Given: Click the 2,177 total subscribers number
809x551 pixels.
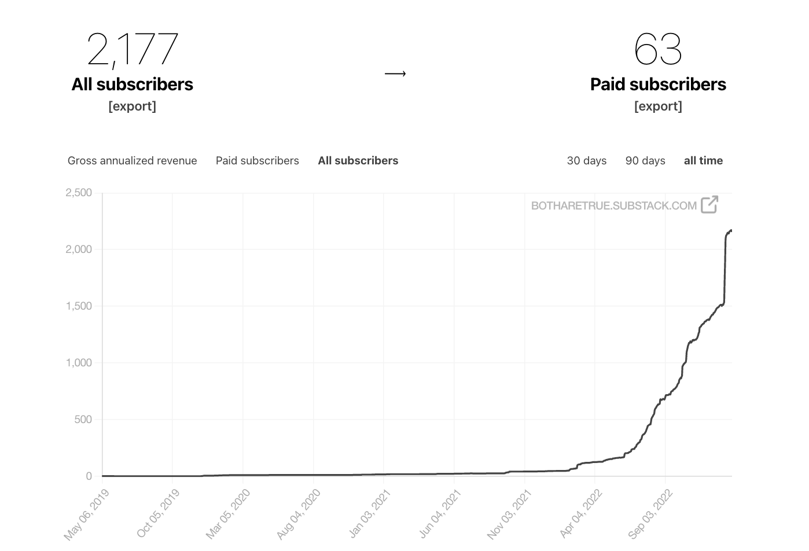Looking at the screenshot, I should pos(133,49).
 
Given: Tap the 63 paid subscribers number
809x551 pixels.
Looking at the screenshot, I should pos(658,49).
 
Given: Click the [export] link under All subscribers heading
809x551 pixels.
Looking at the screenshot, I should pos(132,106).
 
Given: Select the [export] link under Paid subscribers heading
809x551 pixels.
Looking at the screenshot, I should pos(658,106).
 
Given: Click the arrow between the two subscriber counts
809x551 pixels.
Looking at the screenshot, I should pos(395,74).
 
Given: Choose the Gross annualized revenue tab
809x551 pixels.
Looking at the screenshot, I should pos(132,161).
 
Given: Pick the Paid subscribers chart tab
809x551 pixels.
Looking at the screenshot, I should pos(257,161).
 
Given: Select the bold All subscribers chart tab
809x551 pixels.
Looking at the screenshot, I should pos(358,161).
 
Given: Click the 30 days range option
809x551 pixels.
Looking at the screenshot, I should pos(586,161).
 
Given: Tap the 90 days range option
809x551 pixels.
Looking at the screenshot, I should pos(645,161).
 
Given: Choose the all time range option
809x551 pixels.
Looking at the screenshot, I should pos(703,161).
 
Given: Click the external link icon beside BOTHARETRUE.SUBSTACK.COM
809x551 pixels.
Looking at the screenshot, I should pos(709,204).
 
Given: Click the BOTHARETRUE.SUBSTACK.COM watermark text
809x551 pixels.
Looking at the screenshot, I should pos(613,205).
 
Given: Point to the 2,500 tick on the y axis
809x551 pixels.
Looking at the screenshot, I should pos(79,193).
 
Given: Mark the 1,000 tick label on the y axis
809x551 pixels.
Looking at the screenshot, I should pos(79,363).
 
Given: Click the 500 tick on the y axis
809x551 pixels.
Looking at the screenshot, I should pos(83,420).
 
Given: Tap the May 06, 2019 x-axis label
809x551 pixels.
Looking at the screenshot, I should pos(87,514).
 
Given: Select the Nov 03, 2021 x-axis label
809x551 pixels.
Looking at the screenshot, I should pos(509,514).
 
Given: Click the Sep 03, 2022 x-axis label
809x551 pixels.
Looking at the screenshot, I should pos(650,513).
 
